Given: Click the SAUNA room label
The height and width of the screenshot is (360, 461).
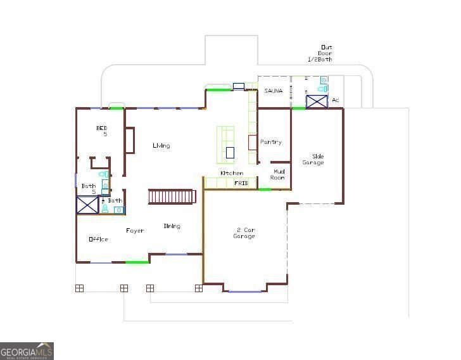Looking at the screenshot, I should [274, 91].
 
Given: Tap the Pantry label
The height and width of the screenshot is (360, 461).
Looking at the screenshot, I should [271, 142].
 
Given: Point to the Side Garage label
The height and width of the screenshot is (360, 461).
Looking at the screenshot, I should [313, 159].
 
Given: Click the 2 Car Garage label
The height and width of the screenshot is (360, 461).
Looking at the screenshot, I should [244, 233].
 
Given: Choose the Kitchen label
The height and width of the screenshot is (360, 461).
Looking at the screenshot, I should [231, 173].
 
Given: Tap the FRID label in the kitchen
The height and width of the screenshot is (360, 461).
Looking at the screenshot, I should [241, 183].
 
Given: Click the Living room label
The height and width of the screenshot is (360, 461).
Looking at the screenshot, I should [161, 146].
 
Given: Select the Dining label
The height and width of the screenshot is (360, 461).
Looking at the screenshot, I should [172, 226].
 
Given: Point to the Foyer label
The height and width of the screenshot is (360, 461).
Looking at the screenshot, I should [134, 231].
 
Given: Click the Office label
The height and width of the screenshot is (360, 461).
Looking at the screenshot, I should [98, 239].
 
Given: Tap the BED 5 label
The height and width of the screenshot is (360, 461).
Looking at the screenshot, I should [101, 131].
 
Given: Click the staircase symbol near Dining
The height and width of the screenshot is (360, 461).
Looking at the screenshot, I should [170, 196].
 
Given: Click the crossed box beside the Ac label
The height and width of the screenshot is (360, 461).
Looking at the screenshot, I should [316, 101].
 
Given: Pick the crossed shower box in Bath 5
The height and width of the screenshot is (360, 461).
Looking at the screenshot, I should [87, 205].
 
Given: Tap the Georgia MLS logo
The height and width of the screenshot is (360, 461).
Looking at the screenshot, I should [27, 351].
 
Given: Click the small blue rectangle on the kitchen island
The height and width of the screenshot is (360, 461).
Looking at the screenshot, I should [230, 152].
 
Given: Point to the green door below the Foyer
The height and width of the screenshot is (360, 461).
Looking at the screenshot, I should [137, 262].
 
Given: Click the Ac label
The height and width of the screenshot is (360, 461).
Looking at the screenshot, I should [336, 100].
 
